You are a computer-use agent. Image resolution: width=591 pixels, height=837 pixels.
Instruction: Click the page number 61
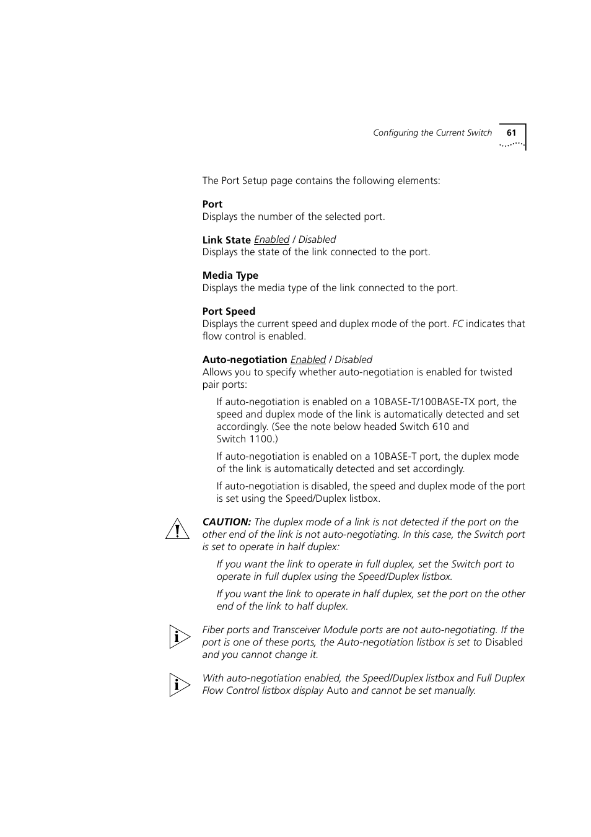click(x=511, y=133)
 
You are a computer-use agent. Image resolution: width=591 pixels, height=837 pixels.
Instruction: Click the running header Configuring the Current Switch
click(x=432, y=133)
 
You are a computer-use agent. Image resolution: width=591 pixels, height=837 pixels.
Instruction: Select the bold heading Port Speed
click(x=229, y=311)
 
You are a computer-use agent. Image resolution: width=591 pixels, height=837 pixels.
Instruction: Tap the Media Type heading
click(x=230, y=275)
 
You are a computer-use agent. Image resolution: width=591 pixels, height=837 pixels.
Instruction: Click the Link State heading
click(x=226, y=240)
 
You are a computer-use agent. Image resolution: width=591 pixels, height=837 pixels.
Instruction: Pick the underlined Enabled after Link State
click(x=271, y=239)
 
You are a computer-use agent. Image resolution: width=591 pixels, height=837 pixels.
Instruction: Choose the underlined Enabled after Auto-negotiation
click(x=308, y=359)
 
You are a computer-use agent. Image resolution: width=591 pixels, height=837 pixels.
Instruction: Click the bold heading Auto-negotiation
click(x=245, y=359)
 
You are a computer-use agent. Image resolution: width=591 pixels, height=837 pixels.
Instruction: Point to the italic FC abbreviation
click(x=457, y=323)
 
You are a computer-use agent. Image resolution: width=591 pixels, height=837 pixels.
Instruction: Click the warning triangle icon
click(x=177, y=529)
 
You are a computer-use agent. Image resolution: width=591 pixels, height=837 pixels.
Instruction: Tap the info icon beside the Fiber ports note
click(x=179, y=636)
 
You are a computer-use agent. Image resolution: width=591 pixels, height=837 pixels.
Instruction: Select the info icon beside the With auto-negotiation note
click(x=179, y=685)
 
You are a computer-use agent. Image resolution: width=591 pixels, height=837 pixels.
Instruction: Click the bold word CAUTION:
click(x=227, y=522)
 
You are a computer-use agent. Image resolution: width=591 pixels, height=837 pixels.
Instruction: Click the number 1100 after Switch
click(x=261, y=439)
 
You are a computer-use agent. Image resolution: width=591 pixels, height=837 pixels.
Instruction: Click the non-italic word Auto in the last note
click(x=337, y=690)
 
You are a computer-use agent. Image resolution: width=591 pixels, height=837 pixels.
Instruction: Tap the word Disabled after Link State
click(x=317, y=239)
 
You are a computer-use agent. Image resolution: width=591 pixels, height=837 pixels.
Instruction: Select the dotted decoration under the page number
click(x=512, y=144)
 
